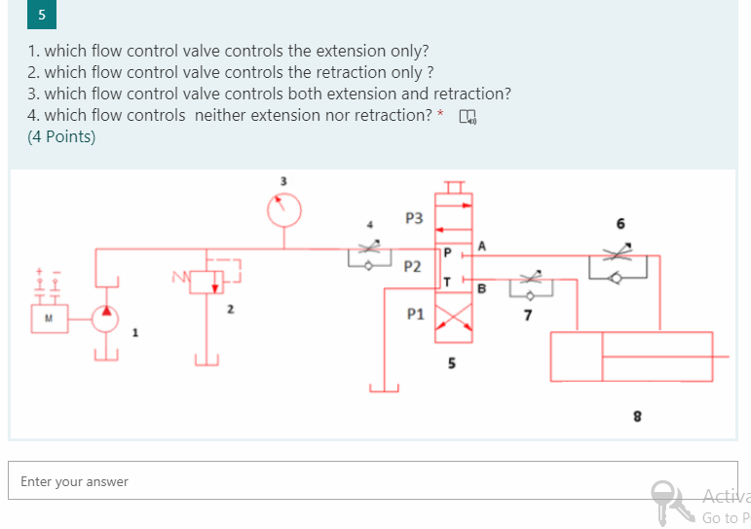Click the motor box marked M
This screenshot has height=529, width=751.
click(x=47, y=319)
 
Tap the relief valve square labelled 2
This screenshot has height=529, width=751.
click(x=206, y=282)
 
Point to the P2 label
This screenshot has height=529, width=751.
click(x=412, y=266)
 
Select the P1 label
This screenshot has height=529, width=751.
click(x=416, y=315)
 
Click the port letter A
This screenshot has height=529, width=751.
click(x=482, y=244)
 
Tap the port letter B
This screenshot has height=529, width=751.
click(x=481, y=287)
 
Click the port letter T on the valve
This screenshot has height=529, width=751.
click(x=445, y=282)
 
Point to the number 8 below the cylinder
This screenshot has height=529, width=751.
click(x=637, y=416)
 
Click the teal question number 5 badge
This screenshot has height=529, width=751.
click(x=42, y=16)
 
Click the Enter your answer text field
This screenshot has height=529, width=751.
click(x=372, y=481)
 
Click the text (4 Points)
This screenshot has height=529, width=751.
click(x=62, y=137)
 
